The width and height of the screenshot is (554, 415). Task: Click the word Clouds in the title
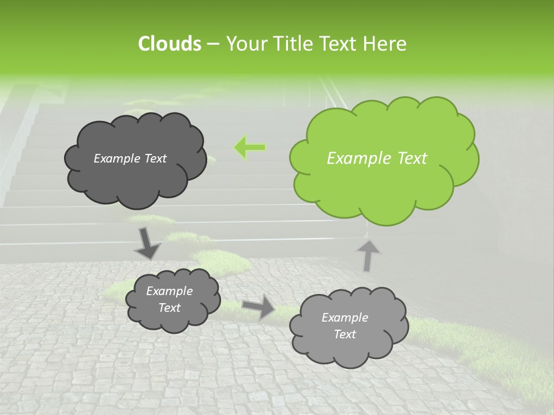170,44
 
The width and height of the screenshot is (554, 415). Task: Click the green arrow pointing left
249,148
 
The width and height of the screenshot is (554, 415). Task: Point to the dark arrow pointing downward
147,243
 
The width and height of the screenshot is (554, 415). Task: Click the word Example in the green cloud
353,159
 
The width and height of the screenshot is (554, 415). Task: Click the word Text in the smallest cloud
169,308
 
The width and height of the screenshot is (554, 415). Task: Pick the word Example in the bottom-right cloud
345,318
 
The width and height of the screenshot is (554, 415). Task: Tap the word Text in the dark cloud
156,159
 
